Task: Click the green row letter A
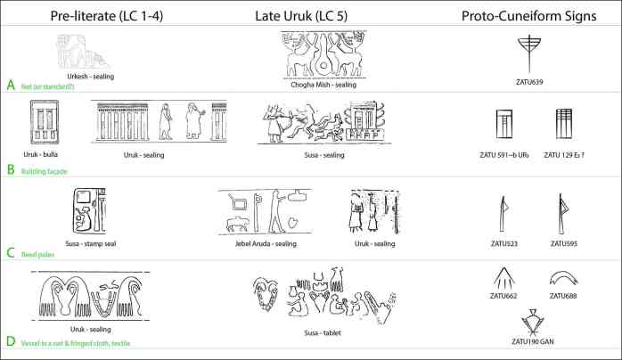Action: (x=11, y=85)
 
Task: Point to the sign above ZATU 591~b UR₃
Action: (x=504, y=128)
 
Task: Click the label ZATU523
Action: (x=503, y=242)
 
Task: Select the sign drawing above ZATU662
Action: (x=503, y=278)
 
